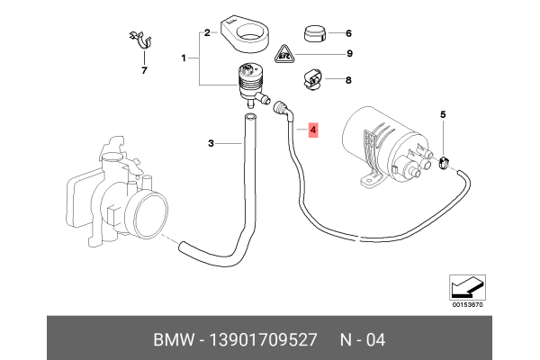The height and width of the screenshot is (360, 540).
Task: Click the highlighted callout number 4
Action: tap(312, 131)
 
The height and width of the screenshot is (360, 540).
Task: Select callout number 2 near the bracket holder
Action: tap(206, 33)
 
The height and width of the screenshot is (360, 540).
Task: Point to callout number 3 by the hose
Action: tap(211, 143)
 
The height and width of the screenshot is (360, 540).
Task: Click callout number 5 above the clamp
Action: tap(443, 115)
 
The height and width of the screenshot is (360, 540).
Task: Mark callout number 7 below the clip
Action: tap(141, 68)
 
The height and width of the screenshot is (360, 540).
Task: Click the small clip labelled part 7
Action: tap(139, 40)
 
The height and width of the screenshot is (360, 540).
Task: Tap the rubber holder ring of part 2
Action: tap(247, 31)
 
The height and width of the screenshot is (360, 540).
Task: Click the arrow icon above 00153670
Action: tap(466, 288)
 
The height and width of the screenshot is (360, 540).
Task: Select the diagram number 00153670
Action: tap(466, 304)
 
